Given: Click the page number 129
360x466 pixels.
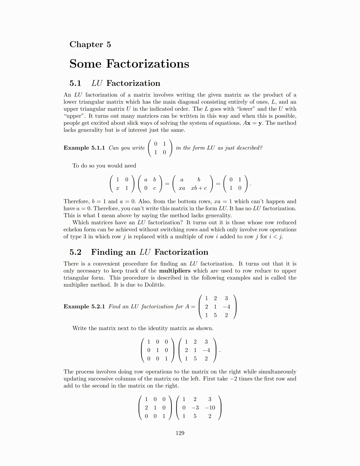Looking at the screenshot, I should tap(180, 433).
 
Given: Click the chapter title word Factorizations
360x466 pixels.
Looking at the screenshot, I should tap(148, 64).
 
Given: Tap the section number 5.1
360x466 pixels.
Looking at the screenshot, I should tap(75, 83).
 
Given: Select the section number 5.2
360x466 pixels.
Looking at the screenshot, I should tap(75, 252).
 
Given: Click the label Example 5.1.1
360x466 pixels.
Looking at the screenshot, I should tap(84, 148).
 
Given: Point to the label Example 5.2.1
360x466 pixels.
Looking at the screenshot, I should tap(84, 307).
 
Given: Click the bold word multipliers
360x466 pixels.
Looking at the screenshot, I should tap(175, 271).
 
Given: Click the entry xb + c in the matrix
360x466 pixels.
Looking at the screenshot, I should tap(199, 188).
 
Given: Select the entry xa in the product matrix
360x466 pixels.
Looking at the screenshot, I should tap(182, 188).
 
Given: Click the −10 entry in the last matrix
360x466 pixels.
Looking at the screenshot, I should tap(210, 408).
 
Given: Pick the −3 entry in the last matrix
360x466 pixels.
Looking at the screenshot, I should tap(195, 408).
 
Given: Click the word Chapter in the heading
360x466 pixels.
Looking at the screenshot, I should tap(86, 44).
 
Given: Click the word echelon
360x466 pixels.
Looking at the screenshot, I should tap(74, 229).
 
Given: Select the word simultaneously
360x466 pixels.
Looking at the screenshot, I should tap(277, 372).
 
